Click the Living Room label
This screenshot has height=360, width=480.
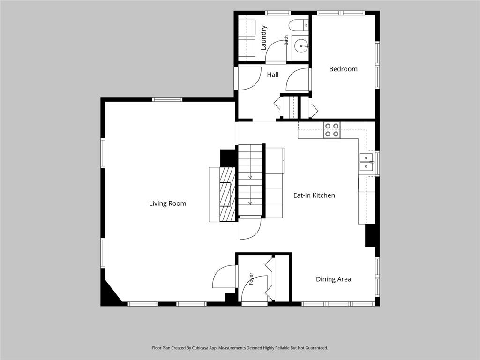167,203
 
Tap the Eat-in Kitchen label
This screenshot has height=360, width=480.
314,195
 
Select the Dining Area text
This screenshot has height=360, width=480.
333,279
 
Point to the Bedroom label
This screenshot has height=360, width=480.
343,69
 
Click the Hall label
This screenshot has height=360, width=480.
272,75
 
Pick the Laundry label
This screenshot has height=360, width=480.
263,38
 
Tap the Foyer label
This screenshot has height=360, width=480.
251,278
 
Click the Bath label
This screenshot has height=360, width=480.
286,40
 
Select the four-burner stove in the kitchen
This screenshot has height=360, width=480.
332,130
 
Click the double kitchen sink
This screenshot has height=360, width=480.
366,162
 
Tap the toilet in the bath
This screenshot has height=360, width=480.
299,25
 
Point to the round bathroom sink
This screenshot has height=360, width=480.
301,46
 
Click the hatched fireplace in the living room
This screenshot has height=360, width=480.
227,194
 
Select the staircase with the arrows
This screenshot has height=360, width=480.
250,180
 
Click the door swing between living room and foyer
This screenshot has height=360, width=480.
224,277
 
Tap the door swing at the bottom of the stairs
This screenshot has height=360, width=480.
250,228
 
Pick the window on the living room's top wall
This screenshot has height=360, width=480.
167,99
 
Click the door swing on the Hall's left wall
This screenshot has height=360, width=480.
249,78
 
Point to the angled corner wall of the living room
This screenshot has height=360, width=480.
114,290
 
